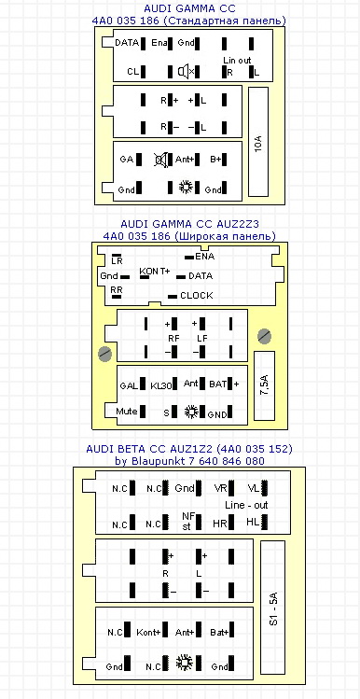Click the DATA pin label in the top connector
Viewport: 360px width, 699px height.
pos(127,43)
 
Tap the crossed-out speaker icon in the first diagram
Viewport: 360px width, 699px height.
pos(161,160)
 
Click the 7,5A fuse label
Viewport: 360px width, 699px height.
pos(264,385)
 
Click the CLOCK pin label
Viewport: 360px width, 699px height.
pos(197,296)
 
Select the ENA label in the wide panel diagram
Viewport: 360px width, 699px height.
pos(204,257)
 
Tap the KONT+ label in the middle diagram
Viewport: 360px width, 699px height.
pos(155,271)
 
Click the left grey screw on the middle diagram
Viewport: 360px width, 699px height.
pos(105,355)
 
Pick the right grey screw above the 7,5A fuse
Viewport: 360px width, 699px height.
pos(265,336)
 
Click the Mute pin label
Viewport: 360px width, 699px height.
pos(127,412)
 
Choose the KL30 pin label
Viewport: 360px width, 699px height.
pos(160,386)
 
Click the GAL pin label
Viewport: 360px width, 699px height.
pos(129,385)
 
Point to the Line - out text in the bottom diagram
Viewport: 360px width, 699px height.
pos(246,506)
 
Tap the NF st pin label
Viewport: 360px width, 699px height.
pos(187,520)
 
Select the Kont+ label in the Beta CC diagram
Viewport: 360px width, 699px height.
pos(148,632)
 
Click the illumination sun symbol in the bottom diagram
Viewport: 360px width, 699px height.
pos(184,663)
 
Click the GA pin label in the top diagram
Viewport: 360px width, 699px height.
pos(127,160)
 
